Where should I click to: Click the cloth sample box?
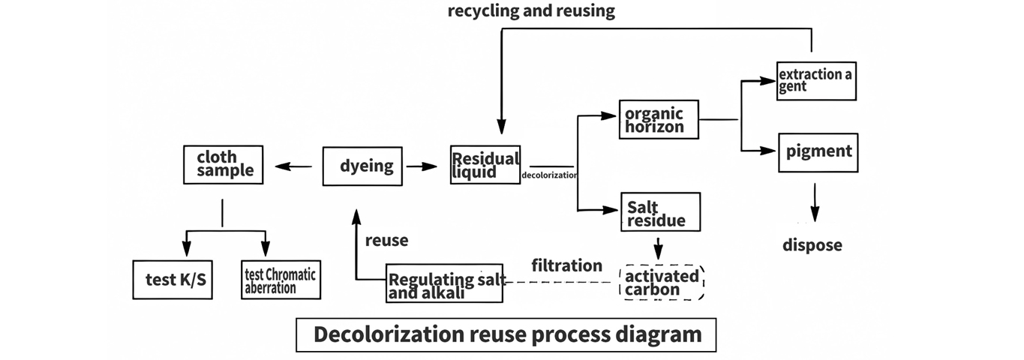point(224,164)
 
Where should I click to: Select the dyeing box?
point(363,166)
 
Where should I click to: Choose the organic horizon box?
point(658,119)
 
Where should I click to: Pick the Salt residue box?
point(660,211)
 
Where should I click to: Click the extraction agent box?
point(816,80)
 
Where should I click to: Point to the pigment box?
point(818,151)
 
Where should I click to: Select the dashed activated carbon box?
point(661,283)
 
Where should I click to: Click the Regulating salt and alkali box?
point(444,283)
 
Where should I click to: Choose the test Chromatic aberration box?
point(281,280)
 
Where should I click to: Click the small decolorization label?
point(548,175)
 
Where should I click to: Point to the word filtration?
point(566,265)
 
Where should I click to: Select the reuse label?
point(386,241)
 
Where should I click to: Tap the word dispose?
point(812,245)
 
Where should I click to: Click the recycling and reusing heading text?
point(531,11)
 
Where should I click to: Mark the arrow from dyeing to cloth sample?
point(293,166)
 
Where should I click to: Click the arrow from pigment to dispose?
point(813,205)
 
